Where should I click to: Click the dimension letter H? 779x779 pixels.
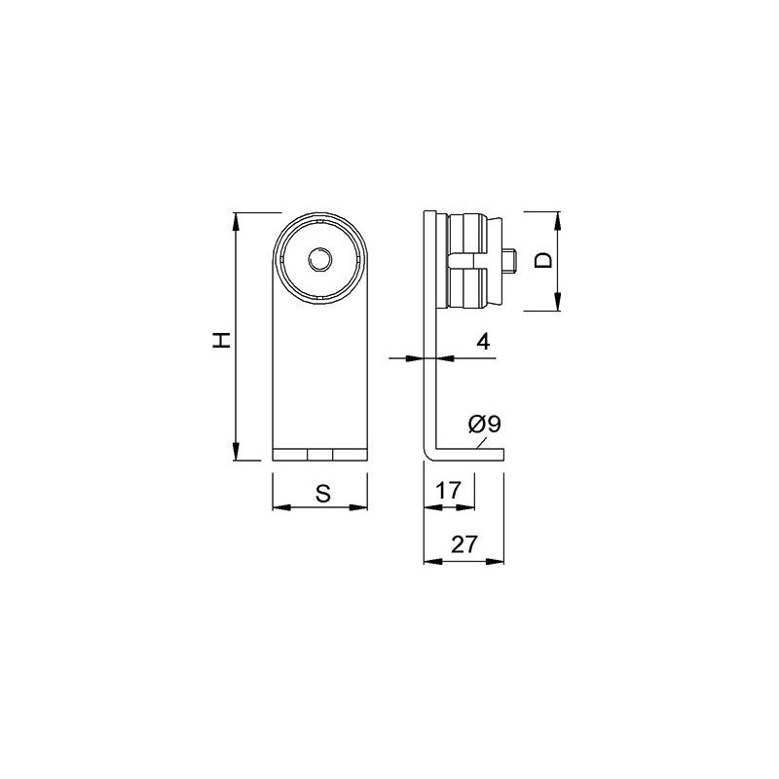(222, 340)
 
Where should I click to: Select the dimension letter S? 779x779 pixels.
(323, 494)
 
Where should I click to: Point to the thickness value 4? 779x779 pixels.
(483, 342)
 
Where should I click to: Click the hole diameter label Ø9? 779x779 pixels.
(484, 425)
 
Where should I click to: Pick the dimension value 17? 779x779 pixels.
(448, 491)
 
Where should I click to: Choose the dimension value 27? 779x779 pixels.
(464, 544)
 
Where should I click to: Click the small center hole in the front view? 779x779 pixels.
(320, 260)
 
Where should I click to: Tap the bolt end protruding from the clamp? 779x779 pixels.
(509, 261)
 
